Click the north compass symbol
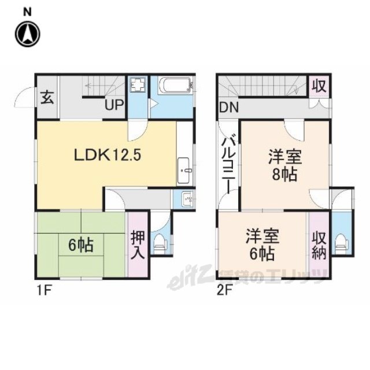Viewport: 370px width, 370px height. tap(28, 34)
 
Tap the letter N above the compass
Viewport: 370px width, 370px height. tap(27, 12)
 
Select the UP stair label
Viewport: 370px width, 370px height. tap(114, 105)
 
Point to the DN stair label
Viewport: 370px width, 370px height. tap(229, 108)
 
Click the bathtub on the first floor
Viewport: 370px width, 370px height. tap(176, 86)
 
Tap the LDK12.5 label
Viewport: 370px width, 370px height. tap(108, 156)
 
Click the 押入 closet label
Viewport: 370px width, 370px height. tap(138, 245)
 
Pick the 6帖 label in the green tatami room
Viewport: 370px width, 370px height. tap(81, 245)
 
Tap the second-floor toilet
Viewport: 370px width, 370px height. tap(342, 243)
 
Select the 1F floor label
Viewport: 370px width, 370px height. tap(44, 291)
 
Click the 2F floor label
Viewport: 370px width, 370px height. tap(224, 291)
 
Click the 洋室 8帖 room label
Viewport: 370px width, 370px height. tap(285, 166)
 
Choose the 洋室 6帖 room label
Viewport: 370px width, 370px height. tap(262, 245)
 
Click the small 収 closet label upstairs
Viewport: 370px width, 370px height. tap(319, 86)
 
